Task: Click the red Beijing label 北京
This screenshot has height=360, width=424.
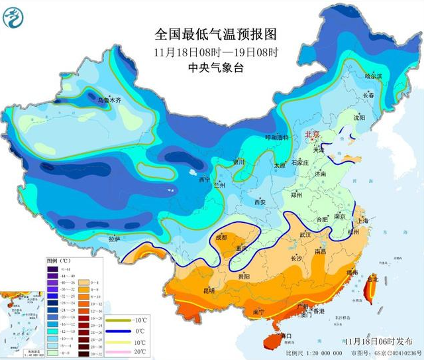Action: click(x=311, y=135)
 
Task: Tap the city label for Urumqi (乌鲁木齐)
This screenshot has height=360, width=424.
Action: click(x=110, y=100)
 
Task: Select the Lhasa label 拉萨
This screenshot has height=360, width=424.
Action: click(x=114, y=239)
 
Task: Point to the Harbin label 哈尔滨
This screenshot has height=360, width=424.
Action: click(x=374, y=76)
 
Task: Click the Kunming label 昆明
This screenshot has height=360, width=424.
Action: click(x=209, y=290)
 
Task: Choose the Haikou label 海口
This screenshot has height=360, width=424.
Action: click(x=286, y=337)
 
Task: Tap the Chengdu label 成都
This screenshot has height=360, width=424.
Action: click(x=221, y=237)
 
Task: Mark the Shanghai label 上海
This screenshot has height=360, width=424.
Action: click(x=362, y=221)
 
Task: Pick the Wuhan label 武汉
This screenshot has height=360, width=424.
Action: click(x=305, y=235)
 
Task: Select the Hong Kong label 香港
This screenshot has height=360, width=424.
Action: click(x=319, y=311)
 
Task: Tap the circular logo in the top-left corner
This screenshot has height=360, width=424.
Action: click(x=13, y=17)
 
